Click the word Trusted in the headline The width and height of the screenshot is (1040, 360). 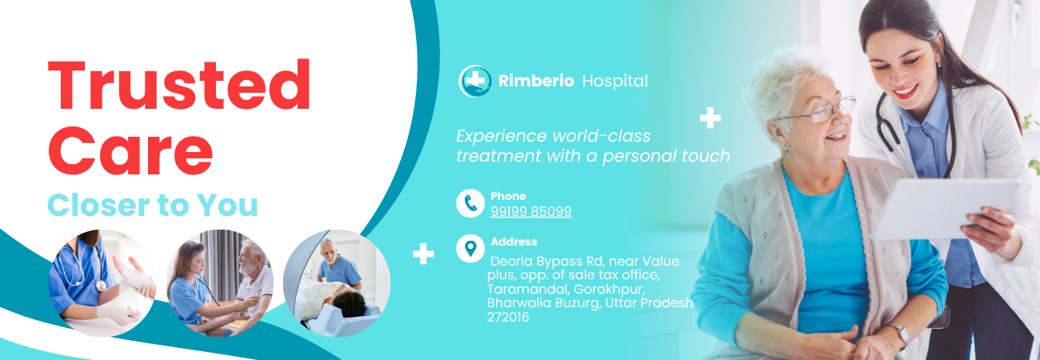click(x=179, y=85)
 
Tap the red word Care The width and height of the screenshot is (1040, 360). click(x=130, y=151)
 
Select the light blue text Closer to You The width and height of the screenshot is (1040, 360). click(x=153, y=205)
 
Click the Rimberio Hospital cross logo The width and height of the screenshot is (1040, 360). click(x=474, y=81)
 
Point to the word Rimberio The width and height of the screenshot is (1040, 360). click(x=536, y=81)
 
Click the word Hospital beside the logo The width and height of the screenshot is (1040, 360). click(x=615, y=82)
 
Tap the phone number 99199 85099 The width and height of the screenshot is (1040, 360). click(x=531, y=211)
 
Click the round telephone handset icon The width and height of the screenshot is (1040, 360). click(x=470, y=203)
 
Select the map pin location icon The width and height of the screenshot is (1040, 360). click(x=470, y=249)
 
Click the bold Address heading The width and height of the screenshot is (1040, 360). click(x=514, y=242)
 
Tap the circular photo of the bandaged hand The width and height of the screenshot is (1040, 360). click(x=102, y=283)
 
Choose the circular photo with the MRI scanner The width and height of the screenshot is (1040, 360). click(x=337, y=283)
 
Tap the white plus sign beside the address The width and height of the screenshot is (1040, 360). click(x=423, y=254)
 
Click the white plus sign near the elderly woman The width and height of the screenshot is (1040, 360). click(x=710, y=118)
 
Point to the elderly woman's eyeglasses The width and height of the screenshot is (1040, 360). click(x=817, y=110)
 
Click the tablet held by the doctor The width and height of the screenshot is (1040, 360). click(x=944, y=210)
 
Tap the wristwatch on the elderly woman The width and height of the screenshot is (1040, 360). click(x=901, y=334)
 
